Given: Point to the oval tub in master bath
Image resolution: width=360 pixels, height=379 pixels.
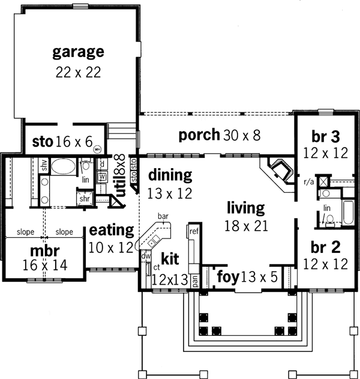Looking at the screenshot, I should (62, 166).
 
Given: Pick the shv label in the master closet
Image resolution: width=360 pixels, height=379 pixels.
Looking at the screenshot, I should (43, 165).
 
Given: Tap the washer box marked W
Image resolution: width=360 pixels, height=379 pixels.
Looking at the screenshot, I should (102, 176).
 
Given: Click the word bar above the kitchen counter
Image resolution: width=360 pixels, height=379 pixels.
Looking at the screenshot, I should (162, 216).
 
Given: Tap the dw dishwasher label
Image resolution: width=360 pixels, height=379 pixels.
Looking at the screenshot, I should (146, 255).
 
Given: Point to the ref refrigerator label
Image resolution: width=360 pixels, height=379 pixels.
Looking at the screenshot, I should (194, 231).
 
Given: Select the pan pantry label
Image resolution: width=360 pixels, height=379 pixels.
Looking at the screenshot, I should (203, 279).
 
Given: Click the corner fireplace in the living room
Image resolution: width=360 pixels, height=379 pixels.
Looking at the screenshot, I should (280, 169).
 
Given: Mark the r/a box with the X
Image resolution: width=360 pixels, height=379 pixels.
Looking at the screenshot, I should (323, 180).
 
